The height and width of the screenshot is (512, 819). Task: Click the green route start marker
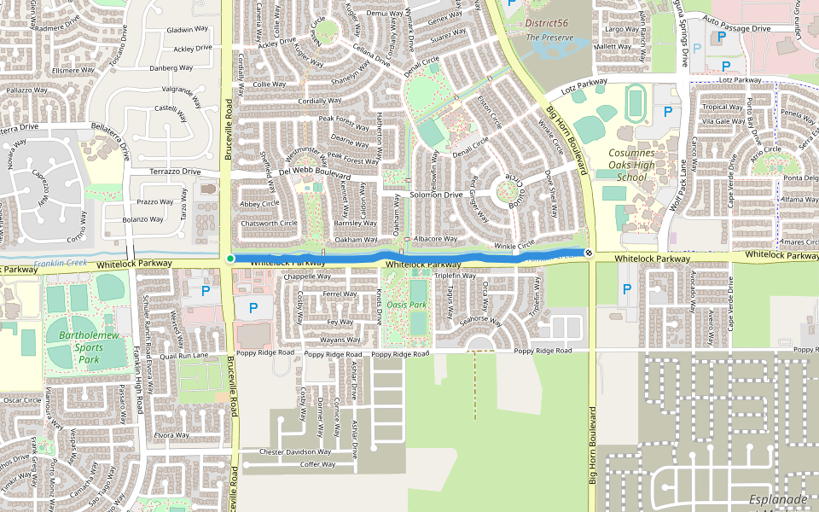pos(230,258)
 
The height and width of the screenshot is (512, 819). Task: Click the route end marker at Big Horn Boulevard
pos(589,253)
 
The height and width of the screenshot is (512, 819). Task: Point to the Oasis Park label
pos(406,305)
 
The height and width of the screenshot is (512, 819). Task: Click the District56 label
pos(546,23)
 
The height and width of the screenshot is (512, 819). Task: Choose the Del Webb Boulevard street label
pos(316,172)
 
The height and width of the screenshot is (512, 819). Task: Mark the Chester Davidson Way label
pos(294,451)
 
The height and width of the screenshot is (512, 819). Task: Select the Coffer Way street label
pos(317,464)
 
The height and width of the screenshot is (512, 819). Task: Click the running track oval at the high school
pos(636,103)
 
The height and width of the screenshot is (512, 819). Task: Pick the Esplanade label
pos(778,498)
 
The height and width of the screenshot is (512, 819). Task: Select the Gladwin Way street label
pos(188,29)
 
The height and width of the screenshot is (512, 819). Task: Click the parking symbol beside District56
pos(512,3)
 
